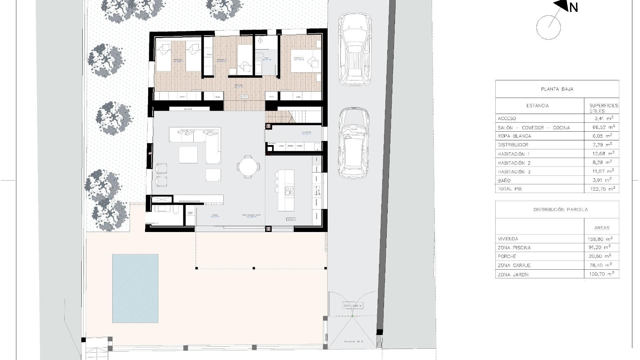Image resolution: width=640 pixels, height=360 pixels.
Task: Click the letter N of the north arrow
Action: point(573,7)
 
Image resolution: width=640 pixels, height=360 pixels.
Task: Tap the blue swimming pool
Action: point(135,288)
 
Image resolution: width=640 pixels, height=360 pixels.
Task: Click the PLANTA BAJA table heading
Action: point(557,89)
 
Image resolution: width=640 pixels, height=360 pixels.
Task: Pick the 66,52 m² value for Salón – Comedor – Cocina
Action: point(602,127)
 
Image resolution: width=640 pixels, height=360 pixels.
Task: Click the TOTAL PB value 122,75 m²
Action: point(602,189)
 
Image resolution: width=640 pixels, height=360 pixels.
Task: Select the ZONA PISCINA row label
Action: point(514,248)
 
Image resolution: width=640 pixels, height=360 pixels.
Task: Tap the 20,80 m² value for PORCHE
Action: point(602,256)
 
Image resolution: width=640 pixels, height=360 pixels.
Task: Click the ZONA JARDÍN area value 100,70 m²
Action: point(602,274)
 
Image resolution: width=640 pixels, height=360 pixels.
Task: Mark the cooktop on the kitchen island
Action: point(289,191)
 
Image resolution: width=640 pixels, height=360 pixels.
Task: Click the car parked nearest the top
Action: point(355,50)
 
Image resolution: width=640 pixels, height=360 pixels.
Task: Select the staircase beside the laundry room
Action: point(293,117)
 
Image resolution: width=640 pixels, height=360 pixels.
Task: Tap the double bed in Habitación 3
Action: point(305,61)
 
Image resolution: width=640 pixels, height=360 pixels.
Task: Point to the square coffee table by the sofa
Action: point(188,155)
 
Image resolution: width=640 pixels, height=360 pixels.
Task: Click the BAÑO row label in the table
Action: point(504,181)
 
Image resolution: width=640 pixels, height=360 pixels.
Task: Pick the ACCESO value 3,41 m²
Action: point(602,118)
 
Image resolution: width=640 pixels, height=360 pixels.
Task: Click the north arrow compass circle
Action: point(548,27)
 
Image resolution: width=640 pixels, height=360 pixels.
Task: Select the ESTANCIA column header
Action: point(537,106)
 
